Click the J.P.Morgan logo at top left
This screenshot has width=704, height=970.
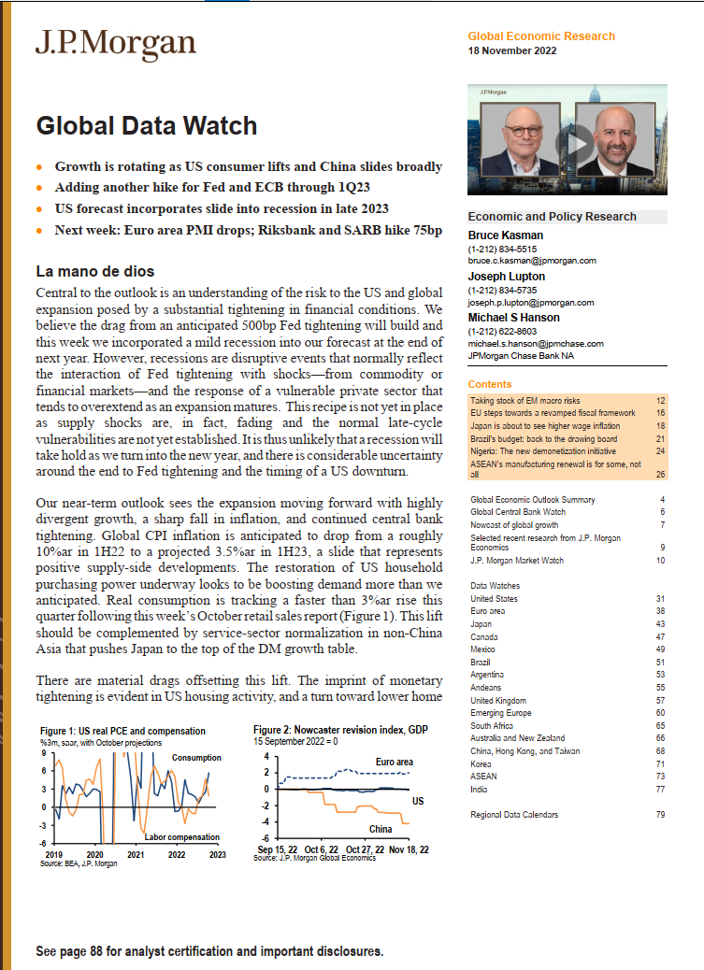coord(116,44)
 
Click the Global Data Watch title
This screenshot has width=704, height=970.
coord(146,124)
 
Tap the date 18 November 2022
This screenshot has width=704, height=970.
coord(512,50)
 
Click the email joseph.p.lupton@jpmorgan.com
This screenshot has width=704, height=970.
coord(531,303)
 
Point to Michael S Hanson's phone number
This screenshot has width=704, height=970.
coord(502,332)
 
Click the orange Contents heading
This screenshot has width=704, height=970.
coord(490,384)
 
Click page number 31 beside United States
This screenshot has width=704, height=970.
coord(660,599)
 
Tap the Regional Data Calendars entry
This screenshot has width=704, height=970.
coord(514,815)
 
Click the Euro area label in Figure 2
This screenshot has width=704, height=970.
coord(394,762)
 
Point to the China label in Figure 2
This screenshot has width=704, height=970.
coord(381,829)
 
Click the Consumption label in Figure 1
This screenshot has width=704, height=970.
coord(196,757)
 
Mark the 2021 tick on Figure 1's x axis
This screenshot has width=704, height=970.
coord(136,854)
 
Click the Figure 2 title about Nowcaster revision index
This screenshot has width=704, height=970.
coord(340,729)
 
